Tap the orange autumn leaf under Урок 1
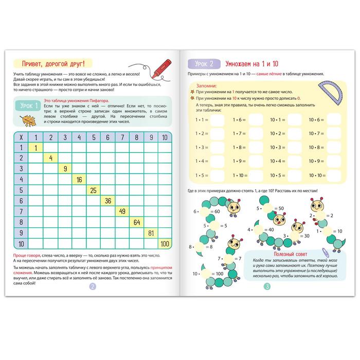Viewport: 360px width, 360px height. click(25, 120)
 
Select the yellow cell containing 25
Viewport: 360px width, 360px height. click(93, 190)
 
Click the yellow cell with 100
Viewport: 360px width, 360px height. click(165, 243)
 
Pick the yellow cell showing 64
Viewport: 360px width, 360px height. click(136, 222)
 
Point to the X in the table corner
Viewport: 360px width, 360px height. click(21, 137)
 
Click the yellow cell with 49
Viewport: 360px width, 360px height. click(122, 211)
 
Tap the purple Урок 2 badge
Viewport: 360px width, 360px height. click(204, 64)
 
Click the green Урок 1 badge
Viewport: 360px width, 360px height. click(29, 106)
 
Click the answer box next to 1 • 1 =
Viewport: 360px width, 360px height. click(217, 120)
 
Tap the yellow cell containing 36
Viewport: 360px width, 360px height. click(107, 201)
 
